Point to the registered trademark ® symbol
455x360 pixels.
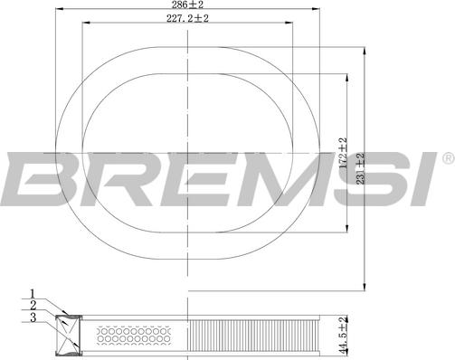[x=447, y=159]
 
